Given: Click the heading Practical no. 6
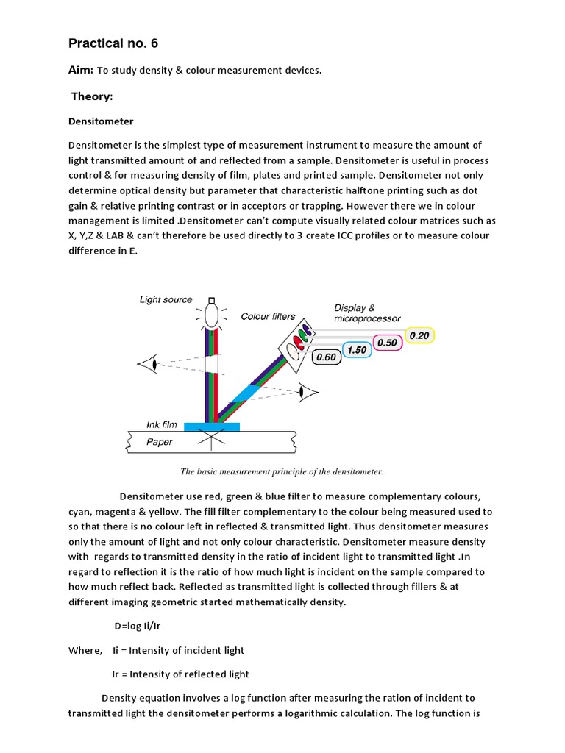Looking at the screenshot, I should coord(113,43).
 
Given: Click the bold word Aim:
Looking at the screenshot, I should coord(80,70).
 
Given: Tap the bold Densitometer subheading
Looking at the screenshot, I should coord(101,121).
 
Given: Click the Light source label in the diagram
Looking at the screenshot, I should coord(166,299).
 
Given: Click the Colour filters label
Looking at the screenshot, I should coord(268,316).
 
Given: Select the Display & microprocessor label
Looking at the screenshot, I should coord(367,313).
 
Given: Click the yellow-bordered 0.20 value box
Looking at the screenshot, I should coord(419,335).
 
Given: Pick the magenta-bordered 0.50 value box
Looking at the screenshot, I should coord(387,343).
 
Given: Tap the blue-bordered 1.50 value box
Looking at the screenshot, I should coord(356,350).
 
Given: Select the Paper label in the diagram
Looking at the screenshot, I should coord(160,442).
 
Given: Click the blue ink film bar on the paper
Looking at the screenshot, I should coord(211,427).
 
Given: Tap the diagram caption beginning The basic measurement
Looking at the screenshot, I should coord(282,471).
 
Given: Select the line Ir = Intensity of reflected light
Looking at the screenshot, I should coord(180,674).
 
